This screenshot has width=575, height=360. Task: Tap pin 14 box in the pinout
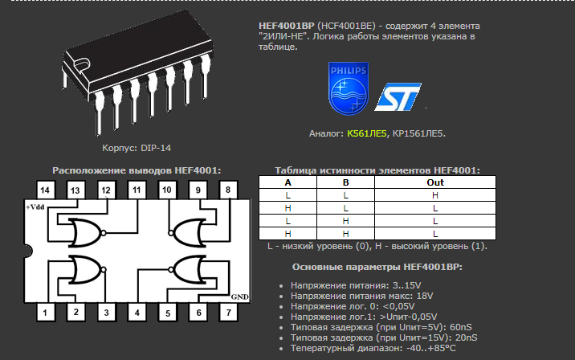click(45, 190)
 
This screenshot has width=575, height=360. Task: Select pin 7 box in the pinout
click(229, 312)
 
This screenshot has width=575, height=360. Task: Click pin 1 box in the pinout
click(45, 312)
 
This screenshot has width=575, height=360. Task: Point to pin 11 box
click(137, 190)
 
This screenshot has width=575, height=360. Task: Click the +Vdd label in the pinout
click(36, 207)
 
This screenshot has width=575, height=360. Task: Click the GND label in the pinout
click(240, 297)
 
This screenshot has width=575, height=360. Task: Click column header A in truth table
click(287, 182)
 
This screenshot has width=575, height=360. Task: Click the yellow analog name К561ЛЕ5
click(367, 133)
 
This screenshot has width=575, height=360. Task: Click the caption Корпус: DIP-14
click(137, 148)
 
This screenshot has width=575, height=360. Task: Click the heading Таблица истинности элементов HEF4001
click(377, 170)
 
